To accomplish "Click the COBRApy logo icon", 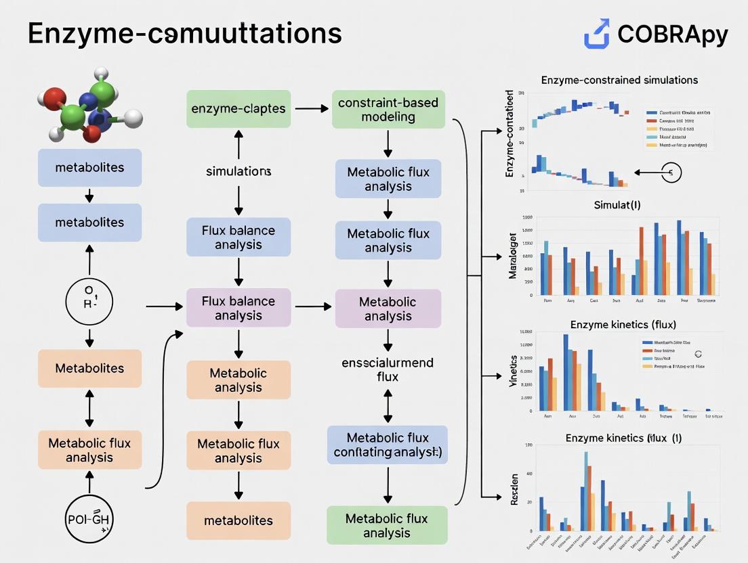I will click(596, 35).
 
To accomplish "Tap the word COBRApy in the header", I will click(673, 35).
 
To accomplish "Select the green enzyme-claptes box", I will click(238, 109).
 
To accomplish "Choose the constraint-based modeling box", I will click(388, 110).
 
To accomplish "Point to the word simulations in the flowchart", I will click(238, 171).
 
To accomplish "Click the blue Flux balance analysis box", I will click(238, 237).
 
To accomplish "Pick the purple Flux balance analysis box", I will click(238, 308).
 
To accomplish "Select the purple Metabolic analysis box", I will click(388, 309).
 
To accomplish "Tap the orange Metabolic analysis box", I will click(238, 380).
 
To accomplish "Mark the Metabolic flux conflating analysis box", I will click(388, 445).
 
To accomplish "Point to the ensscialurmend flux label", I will click(388, 369).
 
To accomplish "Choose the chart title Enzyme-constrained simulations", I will click(619, 80).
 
